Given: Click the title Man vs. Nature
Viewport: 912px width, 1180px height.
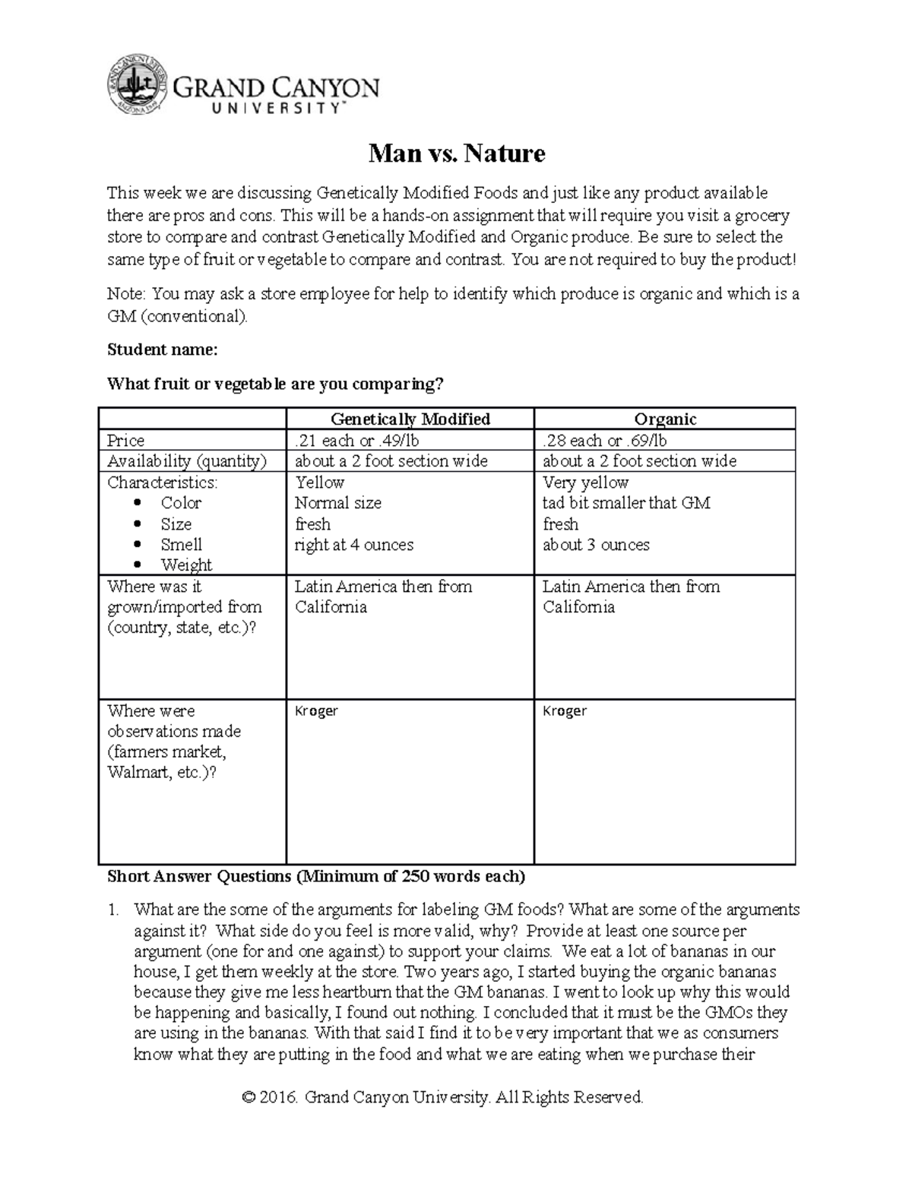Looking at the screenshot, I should [x=457, y=154].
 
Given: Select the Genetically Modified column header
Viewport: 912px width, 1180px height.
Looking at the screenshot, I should [x=410, y=419].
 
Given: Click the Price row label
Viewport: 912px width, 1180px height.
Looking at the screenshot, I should [x=126, y=441].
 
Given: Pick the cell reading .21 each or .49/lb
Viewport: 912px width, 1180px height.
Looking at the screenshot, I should [x=357, y=441].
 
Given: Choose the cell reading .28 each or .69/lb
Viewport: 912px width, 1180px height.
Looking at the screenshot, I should [x=605, y=441].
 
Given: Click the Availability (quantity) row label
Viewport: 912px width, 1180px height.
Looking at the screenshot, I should [x=187, y=461].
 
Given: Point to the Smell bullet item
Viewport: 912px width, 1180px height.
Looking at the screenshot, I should [x=181, y=545].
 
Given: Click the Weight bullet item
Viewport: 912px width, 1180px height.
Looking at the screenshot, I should [x=186, y=565].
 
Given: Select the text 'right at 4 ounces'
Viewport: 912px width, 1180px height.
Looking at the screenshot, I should [x=354, y=545].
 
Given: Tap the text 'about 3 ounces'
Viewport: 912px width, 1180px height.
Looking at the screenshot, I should [x=596, y=545].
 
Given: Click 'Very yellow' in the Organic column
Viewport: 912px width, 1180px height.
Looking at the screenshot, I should [x=585, y=482].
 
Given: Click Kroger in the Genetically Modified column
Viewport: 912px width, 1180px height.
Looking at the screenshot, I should [x=316, y=711].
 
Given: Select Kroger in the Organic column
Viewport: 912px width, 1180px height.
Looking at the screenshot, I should [x=565, y=711].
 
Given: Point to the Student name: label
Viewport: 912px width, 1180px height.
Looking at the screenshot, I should [x=163, y=350].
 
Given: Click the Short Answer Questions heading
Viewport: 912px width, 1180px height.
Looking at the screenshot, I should [x=316, y=877].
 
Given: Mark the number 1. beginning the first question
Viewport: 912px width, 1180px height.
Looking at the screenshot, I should [x=114, y=910].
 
